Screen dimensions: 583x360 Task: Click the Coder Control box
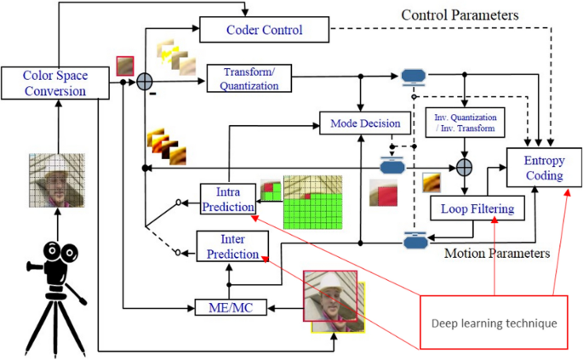point(265,30)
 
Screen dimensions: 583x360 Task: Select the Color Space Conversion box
point(55,83)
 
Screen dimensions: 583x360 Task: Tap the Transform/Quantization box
point(249,78)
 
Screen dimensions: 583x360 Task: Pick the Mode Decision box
point(365,123)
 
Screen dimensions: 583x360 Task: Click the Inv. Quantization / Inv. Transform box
point(466,123)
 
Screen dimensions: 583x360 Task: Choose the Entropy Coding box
point(545,168)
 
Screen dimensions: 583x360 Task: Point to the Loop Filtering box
point(477,209)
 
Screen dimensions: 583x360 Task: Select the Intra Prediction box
point(228,199)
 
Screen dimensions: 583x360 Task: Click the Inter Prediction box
point(232,246)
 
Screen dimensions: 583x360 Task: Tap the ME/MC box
point(231,307)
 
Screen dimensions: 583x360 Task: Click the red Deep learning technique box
point(494,323)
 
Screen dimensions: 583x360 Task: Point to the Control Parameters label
point(460,14)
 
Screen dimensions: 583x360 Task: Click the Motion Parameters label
point(497,254)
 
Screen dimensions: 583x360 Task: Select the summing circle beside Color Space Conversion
point(145,82)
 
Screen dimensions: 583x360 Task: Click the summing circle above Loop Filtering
point(464,168)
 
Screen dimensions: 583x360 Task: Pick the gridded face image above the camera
point(57,180)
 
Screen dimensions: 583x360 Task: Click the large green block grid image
point(312,203)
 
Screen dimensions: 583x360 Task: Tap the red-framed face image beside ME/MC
point(330,295)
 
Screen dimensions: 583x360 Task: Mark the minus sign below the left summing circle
point(153,94)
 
